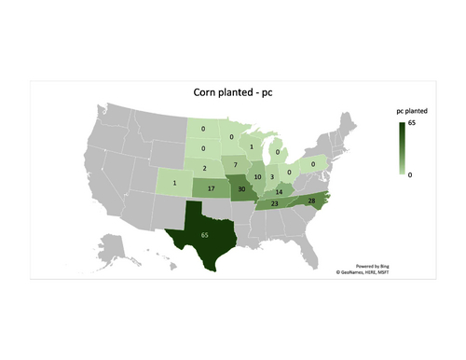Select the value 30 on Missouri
click(242, 187)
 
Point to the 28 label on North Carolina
click(310, 201)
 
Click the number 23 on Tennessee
click(274, 203)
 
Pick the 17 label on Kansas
click(212, 187)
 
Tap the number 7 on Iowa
click(237, 165)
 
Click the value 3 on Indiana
click(271, 176)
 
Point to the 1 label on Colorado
click(174, 182)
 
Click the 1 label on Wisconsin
click(251, 146)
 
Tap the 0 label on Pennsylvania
click(312, 164)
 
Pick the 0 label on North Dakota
click(203, 130)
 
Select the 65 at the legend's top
click(412, 123)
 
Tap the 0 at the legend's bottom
click(410, 173)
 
